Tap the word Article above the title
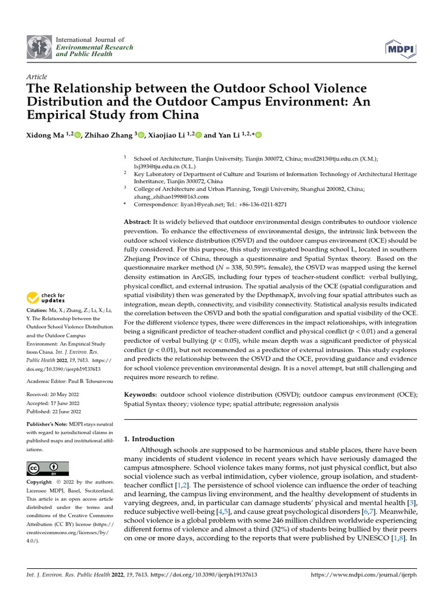[37, 77]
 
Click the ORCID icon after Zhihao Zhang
[140, 135]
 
